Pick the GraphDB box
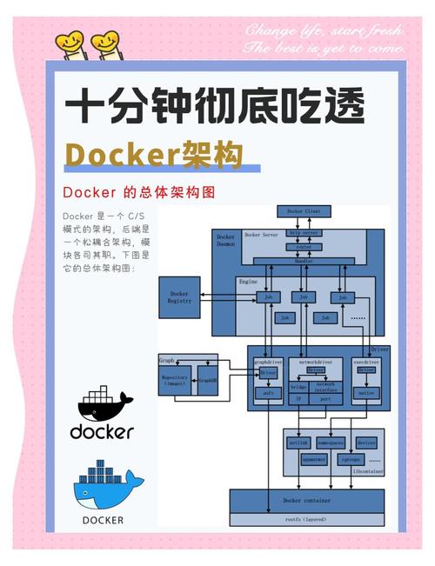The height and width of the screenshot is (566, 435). [x=207, y=380]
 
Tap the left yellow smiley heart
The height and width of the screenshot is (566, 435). [x=70, y=41]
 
